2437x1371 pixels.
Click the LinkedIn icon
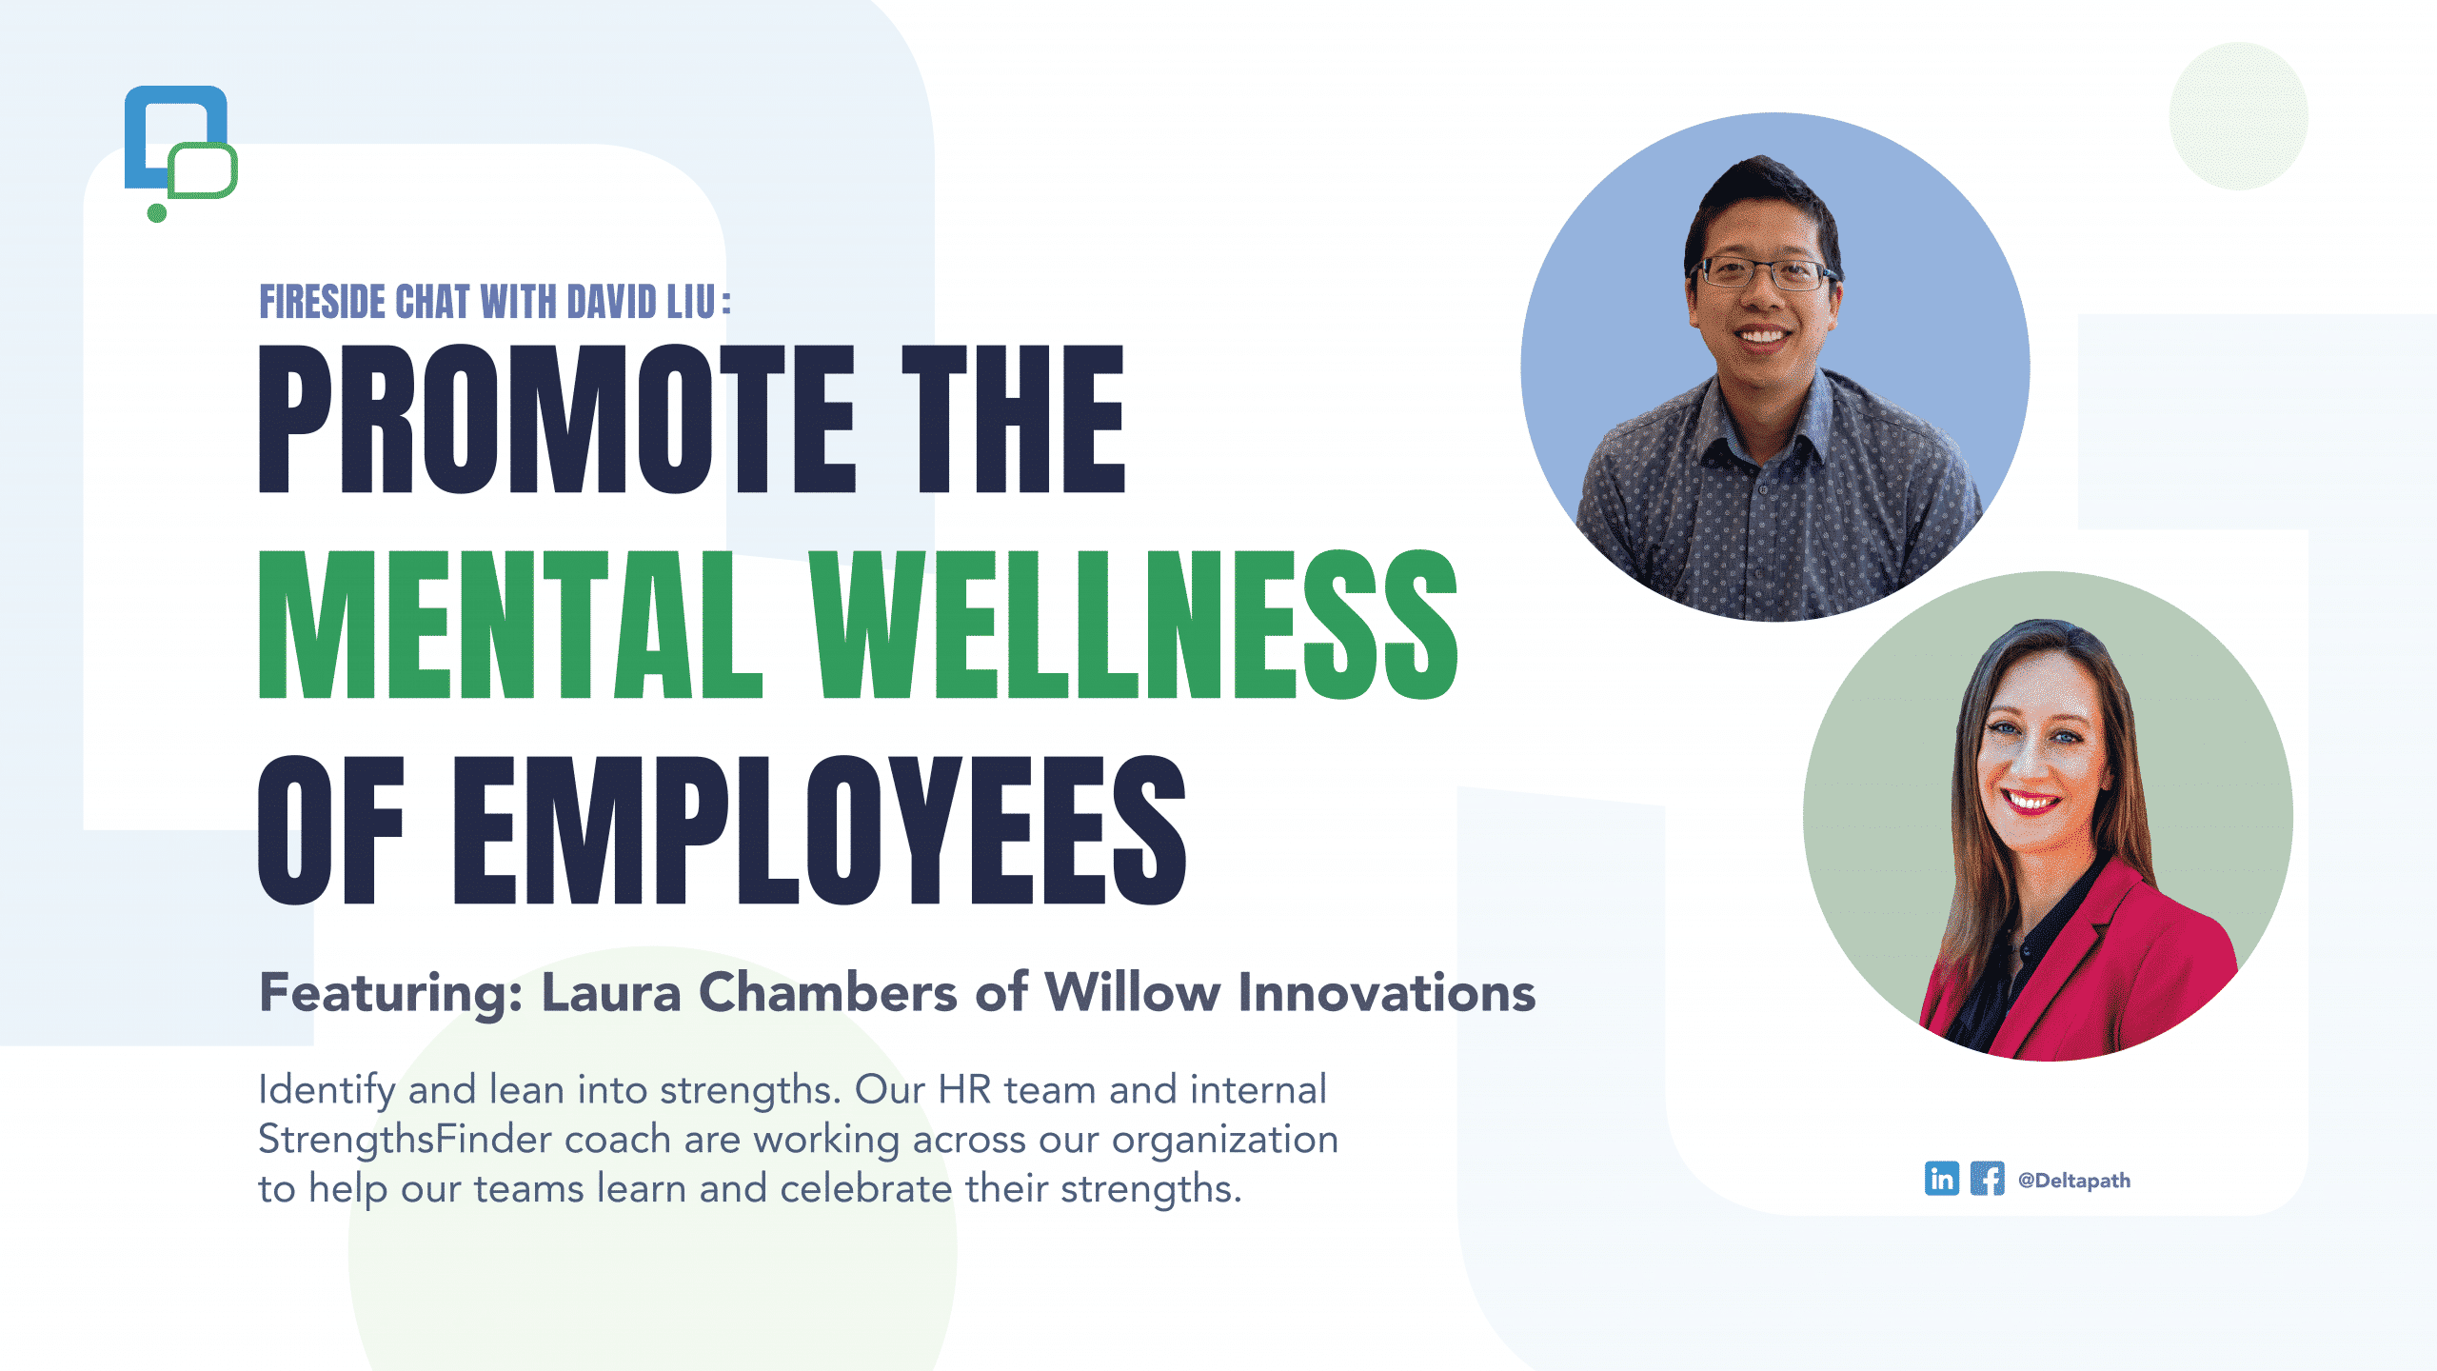click(x=1942, y=1179)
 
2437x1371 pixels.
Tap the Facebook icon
click(x=1988, y=1179)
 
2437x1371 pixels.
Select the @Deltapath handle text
click(x=2074, y=1181)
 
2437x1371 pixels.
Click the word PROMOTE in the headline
click(x=558, y=419)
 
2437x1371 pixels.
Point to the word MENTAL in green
click(x=511, y=625)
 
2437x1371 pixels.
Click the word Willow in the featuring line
click(x=1133, y=992)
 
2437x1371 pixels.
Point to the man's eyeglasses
click(x=1763, y=274)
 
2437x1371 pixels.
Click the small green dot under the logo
click(x=157, y=213)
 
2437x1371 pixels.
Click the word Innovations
click(x=1387, y=992)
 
